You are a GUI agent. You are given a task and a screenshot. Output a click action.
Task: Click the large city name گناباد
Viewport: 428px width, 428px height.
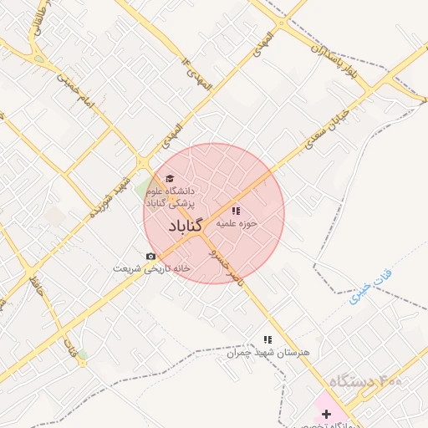pos(186,227)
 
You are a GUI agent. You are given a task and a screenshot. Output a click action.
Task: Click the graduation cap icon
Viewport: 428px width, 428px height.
pos(170,178)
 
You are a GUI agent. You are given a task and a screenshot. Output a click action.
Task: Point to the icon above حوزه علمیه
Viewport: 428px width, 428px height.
pos(236,211)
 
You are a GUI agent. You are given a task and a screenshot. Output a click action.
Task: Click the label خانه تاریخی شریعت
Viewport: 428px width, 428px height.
pos(152,269)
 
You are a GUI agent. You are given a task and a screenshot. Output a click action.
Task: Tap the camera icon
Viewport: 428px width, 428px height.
pos(150,256)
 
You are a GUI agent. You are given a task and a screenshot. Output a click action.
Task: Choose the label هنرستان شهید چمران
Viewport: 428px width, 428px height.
pos(267,353)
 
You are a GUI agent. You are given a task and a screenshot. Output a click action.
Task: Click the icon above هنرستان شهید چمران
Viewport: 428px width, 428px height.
pos(267,339)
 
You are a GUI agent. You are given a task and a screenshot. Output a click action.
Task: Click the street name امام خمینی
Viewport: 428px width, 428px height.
pos(77,94)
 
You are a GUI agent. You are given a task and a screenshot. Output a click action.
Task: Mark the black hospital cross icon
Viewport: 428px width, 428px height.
pos(325,415)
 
